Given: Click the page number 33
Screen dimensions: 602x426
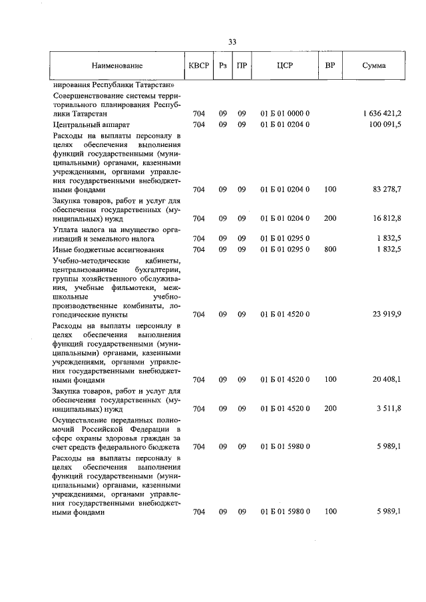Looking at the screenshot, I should (232, 42).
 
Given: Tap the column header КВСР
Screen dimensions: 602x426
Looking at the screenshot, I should (198, 67).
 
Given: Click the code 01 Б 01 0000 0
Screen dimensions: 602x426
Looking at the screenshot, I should (285, 114).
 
